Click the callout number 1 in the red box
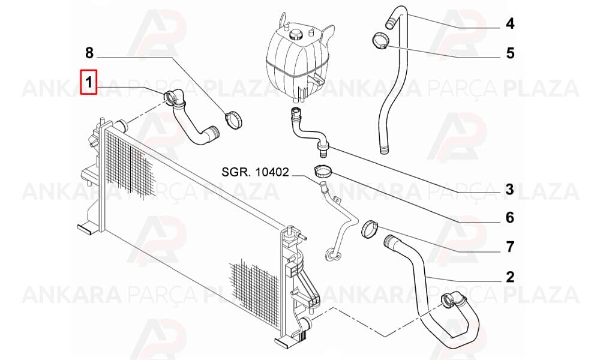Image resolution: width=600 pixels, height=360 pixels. click(x=89, y=82)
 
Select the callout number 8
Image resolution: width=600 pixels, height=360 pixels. click(x=89, y=53)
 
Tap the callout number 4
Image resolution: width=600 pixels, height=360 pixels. click(x=510, y=24)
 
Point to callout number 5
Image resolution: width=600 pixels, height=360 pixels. click(x=510, y=53)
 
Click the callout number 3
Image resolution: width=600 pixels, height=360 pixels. click(x=509, y=189)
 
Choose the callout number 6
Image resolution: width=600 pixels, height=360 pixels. click(x=510, y=218)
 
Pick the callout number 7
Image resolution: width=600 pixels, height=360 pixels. click(x=510, y=247)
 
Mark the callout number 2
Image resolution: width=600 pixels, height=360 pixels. click(x=510, y=277)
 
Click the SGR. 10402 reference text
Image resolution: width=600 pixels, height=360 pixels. click(x=255, y=172)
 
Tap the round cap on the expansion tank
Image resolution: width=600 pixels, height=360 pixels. click(x=295, y=34)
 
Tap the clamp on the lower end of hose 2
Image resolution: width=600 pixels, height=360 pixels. click(x=452, y=300)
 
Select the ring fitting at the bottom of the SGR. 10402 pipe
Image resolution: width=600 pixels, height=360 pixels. click(x=330, y=255)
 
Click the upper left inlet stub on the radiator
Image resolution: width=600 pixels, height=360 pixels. click(x=122, y=125)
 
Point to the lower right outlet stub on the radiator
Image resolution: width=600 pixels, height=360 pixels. click(x=306, y=323)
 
